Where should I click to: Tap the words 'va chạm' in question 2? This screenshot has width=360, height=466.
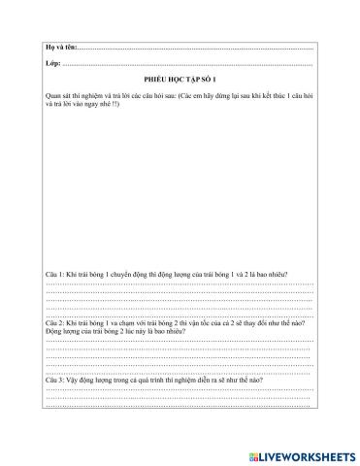(118, 321)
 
